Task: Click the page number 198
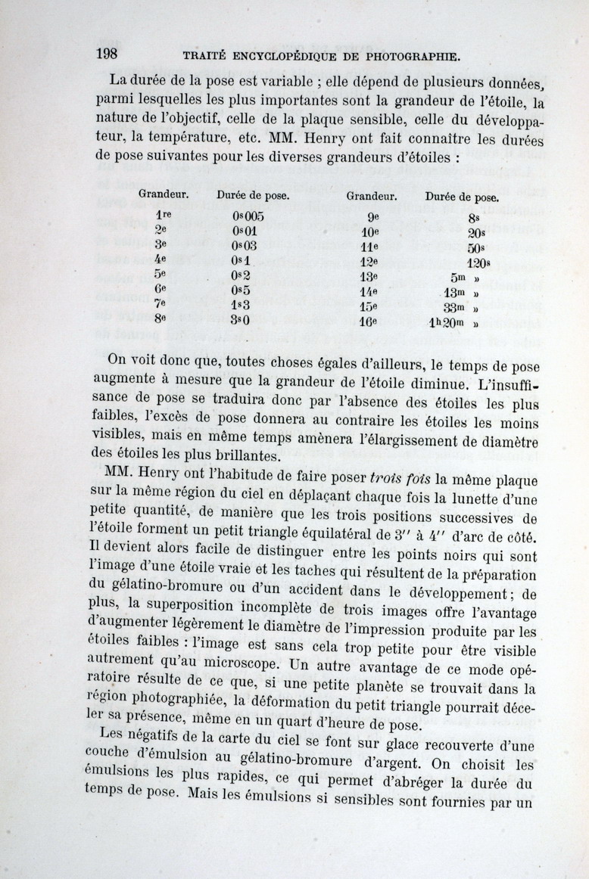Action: (110, 54)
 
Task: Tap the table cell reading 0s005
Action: (248, 215)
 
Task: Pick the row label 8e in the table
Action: (160, 318)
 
